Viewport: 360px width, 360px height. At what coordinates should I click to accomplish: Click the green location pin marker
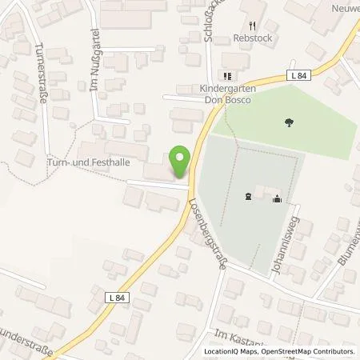[x=181, y=162]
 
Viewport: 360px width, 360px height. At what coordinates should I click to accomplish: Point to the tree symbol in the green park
[x=287, y=122]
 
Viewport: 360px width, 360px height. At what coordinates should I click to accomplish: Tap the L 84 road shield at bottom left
[x=118, y=296]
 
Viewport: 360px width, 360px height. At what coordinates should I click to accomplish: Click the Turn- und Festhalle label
[x=90, y=164]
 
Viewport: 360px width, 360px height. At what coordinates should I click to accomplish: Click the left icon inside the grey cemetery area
[x=249, y=195]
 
